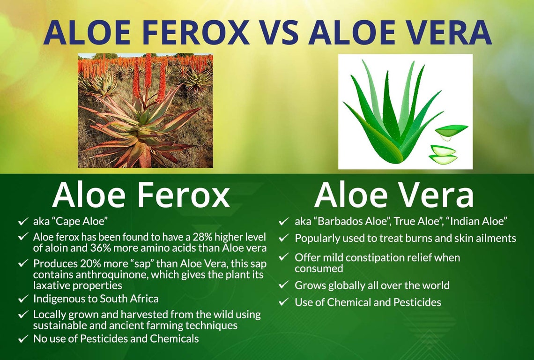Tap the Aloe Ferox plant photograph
pyautogui.click(x=145, y=111)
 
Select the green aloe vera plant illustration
pyautogui.click(x=405, y=112)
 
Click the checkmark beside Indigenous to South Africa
pyautogui.click(x=22, y=299)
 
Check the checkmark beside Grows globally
pyautogui.click(x=283, y=285)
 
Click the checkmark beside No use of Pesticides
pyautogui.click(x=22, y=338)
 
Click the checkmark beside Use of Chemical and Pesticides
pyautogui.click(x=283, y=302)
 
